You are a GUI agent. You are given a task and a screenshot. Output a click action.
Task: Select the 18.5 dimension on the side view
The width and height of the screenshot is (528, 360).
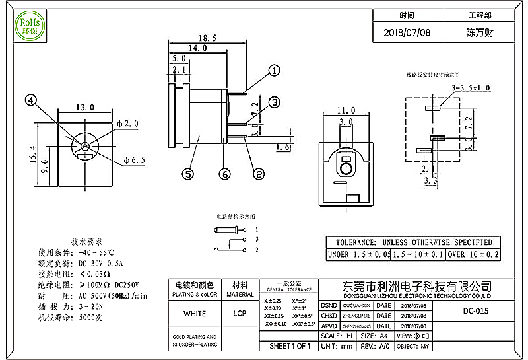[207, 39]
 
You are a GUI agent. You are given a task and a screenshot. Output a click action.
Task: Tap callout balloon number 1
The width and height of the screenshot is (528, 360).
[274, 70]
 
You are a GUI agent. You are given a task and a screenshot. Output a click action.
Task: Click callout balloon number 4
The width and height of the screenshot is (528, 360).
[30, 100]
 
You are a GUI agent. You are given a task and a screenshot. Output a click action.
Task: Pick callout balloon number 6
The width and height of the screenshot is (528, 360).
[225, 174]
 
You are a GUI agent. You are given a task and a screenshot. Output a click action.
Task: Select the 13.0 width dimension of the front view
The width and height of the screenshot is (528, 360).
[84, 107]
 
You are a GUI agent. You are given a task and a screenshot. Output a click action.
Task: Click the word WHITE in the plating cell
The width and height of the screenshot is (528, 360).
[194, 313]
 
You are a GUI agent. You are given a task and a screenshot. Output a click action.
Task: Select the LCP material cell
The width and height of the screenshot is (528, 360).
[240, 313]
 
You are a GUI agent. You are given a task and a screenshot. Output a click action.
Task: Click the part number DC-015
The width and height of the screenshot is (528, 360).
[477, 311]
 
